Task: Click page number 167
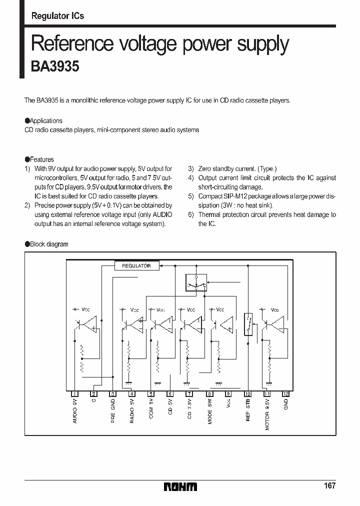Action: (x=329, y=485)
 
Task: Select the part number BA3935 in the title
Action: (x=55, y=67)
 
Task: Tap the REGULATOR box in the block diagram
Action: (x=136, y=265)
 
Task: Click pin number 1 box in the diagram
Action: (x=74, y=393)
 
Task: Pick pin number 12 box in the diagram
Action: (x=285, y=393)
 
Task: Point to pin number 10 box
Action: (x=247, y=393)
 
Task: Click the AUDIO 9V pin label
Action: (x=75, y=411)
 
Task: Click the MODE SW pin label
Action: (x=210, y=410)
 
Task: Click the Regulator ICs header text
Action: (x=57, y=16)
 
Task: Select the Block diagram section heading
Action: (x=46, y=244)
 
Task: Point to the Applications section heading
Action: (x=43, y=120)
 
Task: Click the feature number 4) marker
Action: (x=190, y=178)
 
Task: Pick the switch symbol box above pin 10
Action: (x=247, y=324)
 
